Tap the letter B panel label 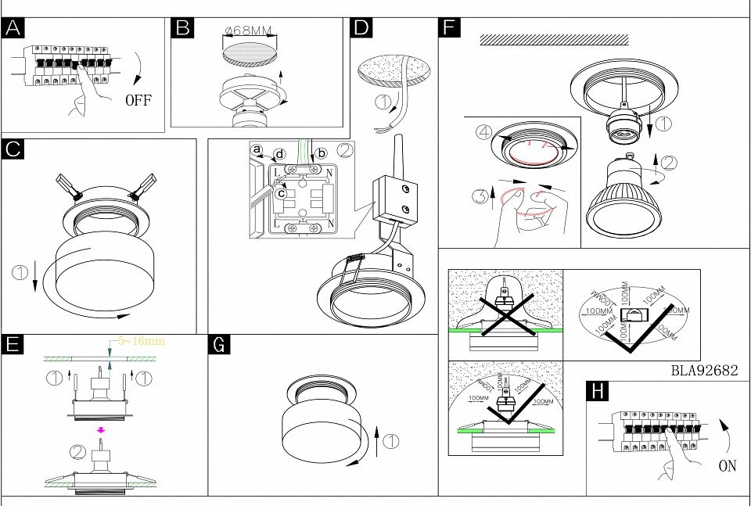click(x=183, y=29)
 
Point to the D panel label click(x=361, y=29)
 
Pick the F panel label click(x=449, y=29)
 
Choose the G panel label click(x=220, y=345)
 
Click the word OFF click(x=138, y=100)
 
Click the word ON click(x=727, y=466)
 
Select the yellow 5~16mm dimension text click(x=142, y=342)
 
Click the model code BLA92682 click(x=704, y=371)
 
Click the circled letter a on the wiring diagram click(x=255, y=149)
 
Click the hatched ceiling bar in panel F click(x=554, y=39)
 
